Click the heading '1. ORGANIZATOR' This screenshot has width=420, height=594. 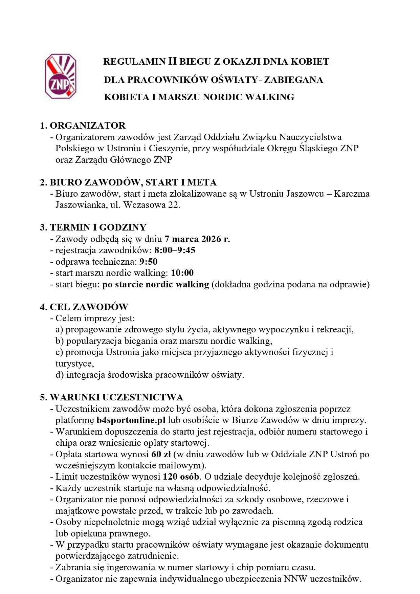[83, 126]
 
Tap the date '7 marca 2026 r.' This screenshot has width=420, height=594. [197, 239]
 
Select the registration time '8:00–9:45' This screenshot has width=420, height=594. [175, 250]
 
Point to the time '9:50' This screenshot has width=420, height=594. [148, 262]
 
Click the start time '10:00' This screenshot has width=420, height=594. [182, 273]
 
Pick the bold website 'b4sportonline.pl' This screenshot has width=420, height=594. [131, 420]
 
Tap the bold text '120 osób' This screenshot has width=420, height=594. [181, 477]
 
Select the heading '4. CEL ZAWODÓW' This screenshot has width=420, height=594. [84, 307]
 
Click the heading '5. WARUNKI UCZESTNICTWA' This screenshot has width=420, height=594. [111, 397]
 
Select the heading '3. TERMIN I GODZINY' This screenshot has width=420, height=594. [93, 227]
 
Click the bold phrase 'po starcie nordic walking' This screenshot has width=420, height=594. [156, 284]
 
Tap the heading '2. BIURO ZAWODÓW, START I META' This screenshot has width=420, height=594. [128, 182]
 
